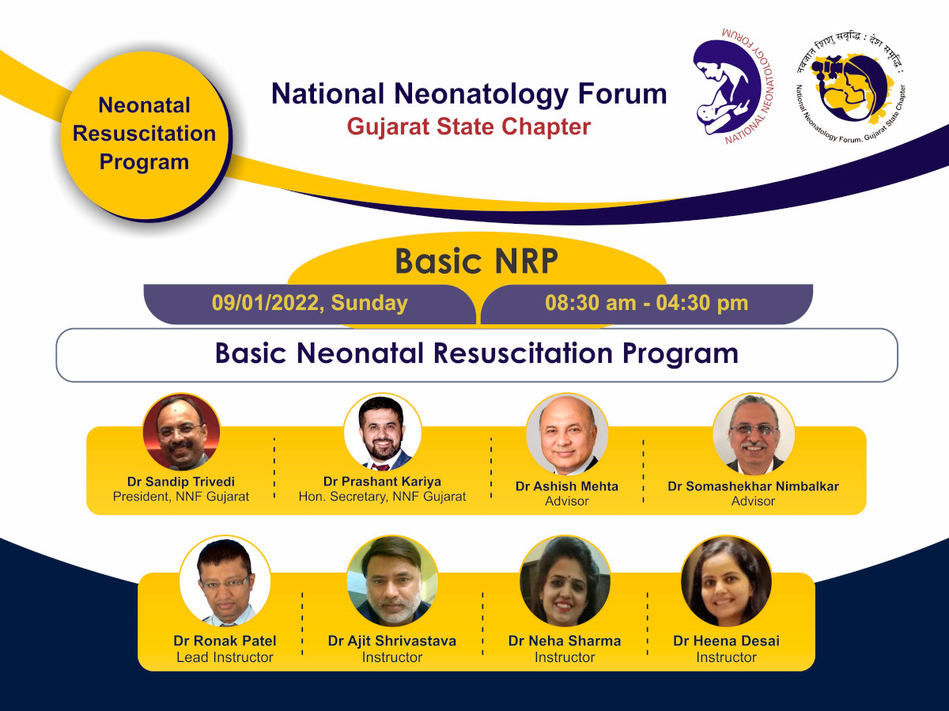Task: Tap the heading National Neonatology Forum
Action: (469, 94)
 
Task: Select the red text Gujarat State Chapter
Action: (469, 127)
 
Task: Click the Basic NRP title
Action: (476, 262)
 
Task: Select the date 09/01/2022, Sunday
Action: (309, 303)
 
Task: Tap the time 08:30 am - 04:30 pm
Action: (646, 303)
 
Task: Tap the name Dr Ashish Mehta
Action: (567, 486)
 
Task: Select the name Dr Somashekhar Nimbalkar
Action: (753, 486)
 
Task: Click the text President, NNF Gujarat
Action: (181, 497)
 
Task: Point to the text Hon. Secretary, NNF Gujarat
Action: (383, 497)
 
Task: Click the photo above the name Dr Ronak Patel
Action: (225, 581)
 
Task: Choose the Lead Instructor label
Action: (225, 657)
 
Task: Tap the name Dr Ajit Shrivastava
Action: (392, 641)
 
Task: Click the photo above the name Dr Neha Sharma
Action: (565, 581)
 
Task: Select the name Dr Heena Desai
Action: (726, 641)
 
